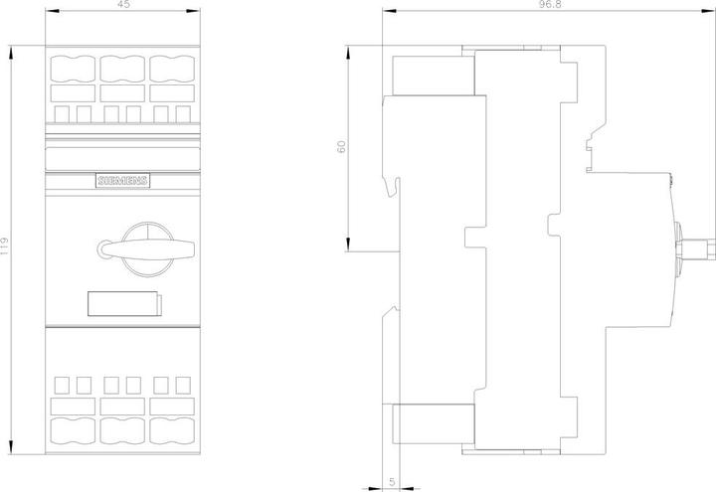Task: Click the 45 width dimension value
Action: pyautogui.click(x=123, y=4)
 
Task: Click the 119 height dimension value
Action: pyautogui.click(x=4, y=247)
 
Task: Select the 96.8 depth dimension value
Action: pyautogui.click(x=549, y=4)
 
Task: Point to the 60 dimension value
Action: pyautogui.click(x=341, y=146)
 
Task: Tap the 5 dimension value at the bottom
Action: pyautogui.click(x=392, y=482)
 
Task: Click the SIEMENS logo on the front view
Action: pyautogui.click(x=123, y=181)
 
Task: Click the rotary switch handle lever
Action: pyautogui.click(x=147, y=249)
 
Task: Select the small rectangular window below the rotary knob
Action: pyautogui.click(x=124, y=303)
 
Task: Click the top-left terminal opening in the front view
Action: pyautogui.click(x=73, y=69)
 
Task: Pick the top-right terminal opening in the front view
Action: pyautogui.click(x=172, y=69)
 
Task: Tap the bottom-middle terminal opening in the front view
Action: pyautogui.click(x=122, y=430)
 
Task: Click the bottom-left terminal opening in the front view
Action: pyautogui.click(x=73, y=430)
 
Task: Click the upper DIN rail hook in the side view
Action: pyautogui.click(x=393, y=186)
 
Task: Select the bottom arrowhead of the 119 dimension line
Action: pyautogui.click(x=11, y=447)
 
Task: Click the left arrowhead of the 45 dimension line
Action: pyautogui.click(x=52, y=10)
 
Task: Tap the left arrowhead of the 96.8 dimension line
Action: pyautogui.click(x=389, y=10)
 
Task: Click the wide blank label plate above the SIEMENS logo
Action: pyautogui.click(x=123, y=158)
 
